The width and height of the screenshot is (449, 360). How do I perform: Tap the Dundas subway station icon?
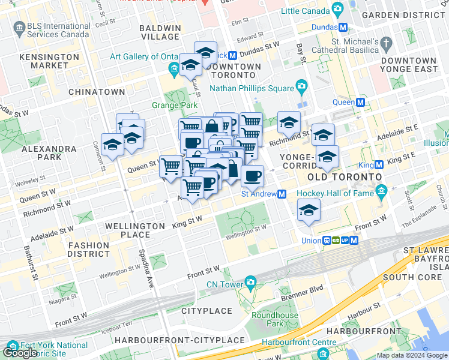tap(343, 28)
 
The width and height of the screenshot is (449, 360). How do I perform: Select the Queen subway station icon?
tap(360, 102)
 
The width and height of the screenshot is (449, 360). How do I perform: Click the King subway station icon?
tap(379, 165)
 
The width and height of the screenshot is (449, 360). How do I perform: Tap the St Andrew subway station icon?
tap(281, 194)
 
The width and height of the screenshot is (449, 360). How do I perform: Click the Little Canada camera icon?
tap(338, 10)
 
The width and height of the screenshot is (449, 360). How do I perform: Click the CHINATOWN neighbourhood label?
tap(97, 92)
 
